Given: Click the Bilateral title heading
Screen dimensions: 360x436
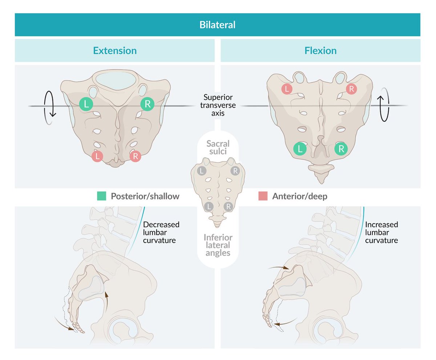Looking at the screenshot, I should (x=217, y=25).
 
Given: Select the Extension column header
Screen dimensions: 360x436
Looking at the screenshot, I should (x=115, y=50).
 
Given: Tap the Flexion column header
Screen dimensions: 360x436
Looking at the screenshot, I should (x=320, y=50).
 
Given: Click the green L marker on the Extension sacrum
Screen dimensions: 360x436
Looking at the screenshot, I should (x=86, y=104).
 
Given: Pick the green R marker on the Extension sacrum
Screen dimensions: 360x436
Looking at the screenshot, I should (x=148, y=104).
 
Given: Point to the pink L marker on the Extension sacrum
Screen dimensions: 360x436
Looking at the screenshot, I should (x=97, y=156).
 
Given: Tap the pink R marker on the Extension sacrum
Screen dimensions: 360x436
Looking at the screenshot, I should (x=135, y=156).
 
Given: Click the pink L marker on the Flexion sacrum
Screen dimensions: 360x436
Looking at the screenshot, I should (x=287, y=89).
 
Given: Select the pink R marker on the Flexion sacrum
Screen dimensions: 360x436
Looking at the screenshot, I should (x=351, y=89).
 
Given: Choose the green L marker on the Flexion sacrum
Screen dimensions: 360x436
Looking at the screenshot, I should (x=300, y=148).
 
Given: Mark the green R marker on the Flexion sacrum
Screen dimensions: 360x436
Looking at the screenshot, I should (x=341, y=148).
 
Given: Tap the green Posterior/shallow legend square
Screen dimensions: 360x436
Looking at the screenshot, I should (x=102, y=196).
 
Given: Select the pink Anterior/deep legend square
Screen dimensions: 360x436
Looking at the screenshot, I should (x=263, y=196).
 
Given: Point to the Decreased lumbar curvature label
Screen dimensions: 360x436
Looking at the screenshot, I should (x=161, y=232).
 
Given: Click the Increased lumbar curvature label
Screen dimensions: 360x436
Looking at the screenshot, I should (x=381, y=232).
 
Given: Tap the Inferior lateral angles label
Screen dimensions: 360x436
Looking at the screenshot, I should (x=218, y=245).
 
